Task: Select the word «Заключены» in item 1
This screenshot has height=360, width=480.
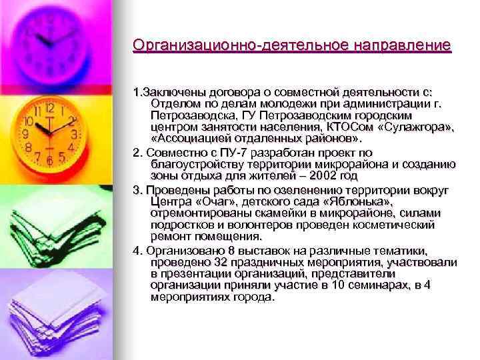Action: pos(171,92)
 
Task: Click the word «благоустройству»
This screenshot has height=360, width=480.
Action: pos(193,165)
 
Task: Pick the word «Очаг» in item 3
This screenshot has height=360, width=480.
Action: pos(207,201)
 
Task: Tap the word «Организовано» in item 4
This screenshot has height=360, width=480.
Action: pos(175,250)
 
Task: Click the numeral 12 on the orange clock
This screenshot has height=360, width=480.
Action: pos(49,107)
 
